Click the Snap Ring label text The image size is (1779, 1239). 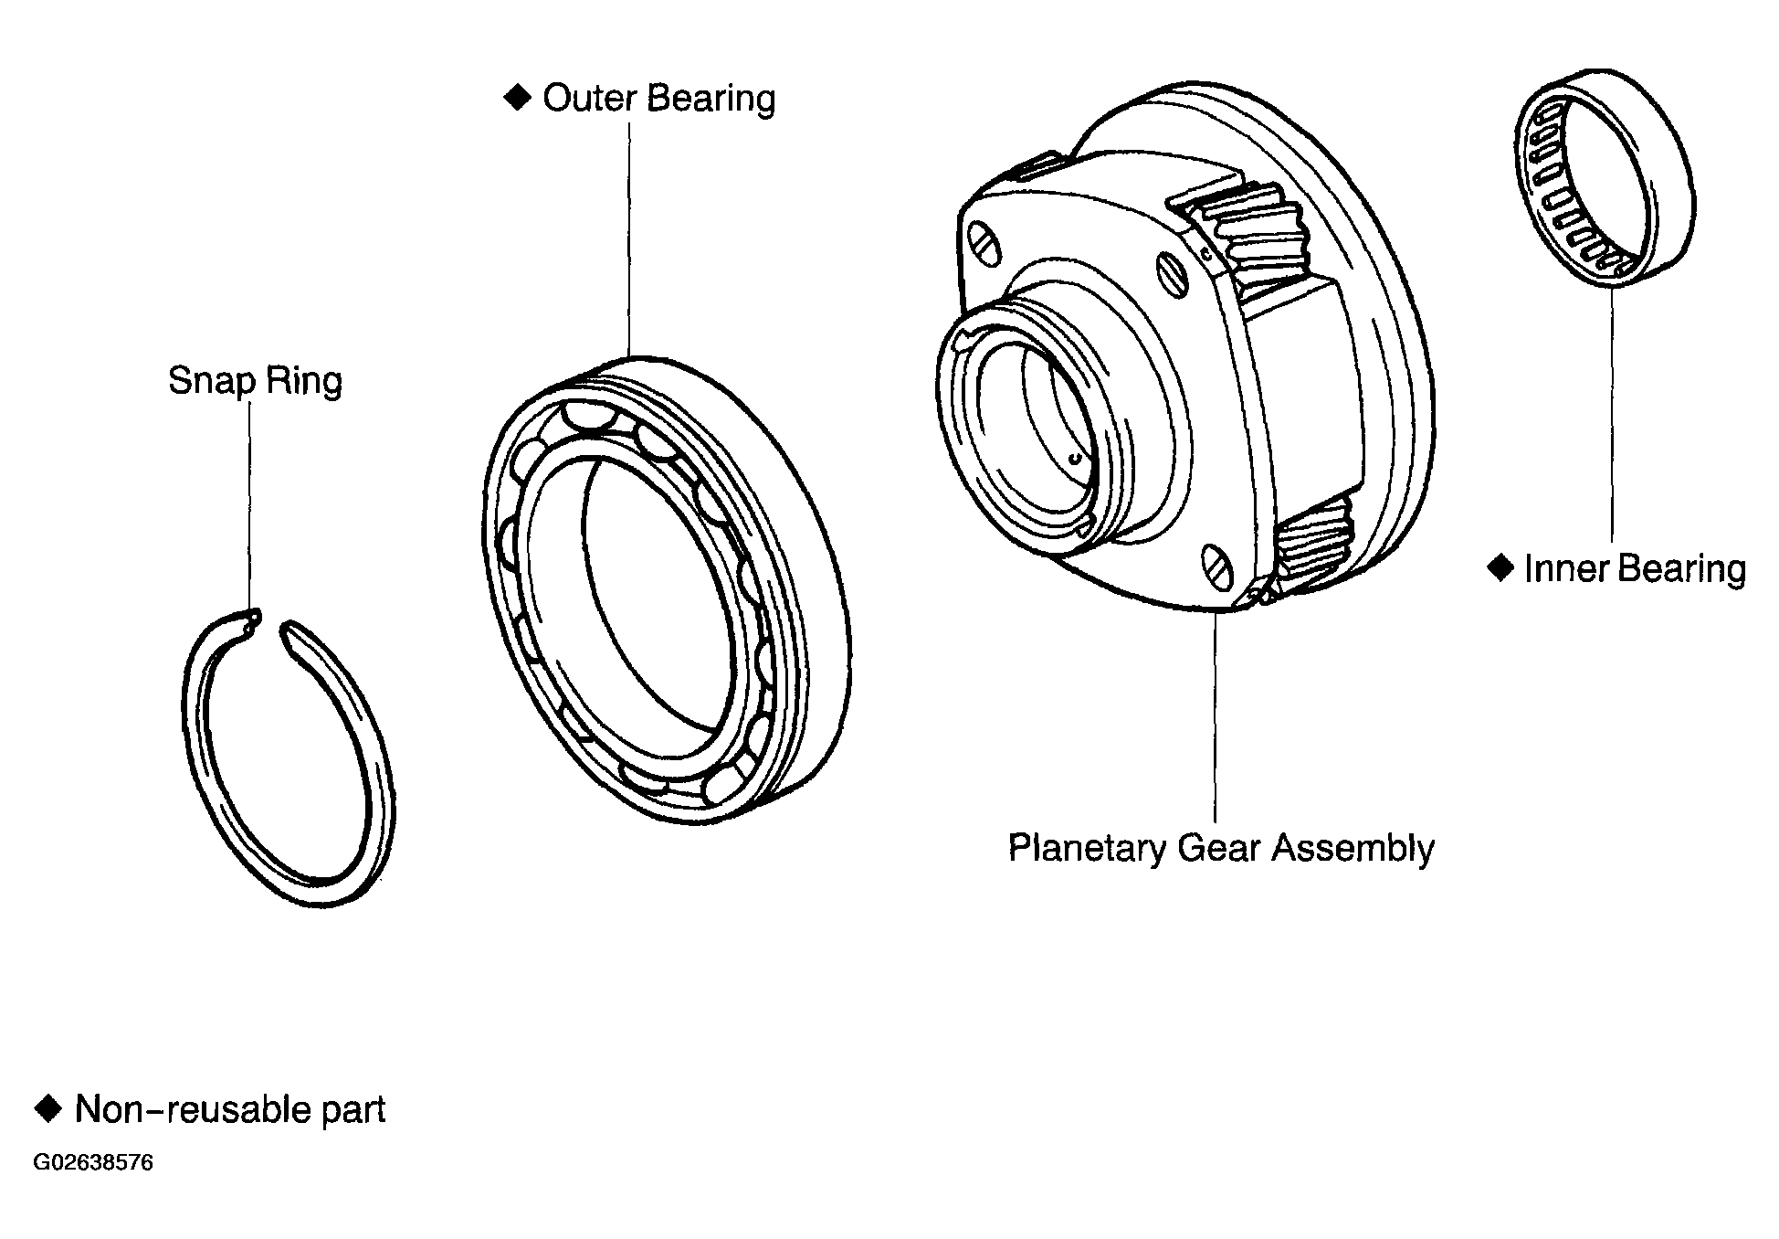(x=255, y=380)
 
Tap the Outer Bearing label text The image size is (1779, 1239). (x=658, y=98)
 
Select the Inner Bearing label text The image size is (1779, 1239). (x=1635, y=568)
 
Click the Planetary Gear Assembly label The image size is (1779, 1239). (x=1221, y=848)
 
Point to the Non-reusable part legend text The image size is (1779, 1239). (x=230, y=1109)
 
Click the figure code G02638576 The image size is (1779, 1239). (x=93, y=1163)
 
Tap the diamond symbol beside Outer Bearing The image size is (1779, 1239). (x=517, y=97)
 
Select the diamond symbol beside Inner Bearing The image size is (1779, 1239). (x=1500, y=567)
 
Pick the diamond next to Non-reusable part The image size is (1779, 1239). (x=47, y=1108)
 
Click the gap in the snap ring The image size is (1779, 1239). (x=271, y=626)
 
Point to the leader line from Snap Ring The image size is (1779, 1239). (x=248, y=507)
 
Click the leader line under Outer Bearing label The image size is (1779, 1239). (x=629, y=239)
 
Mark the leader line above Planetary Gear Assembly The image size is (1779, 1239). (x=1215, y=716)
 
